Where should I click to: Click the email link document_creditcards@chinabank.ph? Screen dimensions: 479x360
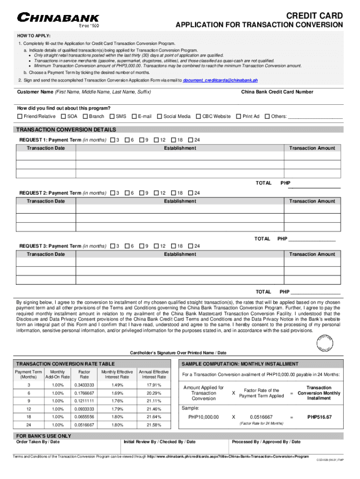(220, 80)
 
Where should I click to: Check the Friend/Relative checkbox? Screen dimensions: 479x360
(20, 116)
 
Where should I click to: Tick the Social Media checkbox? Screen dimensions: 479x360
(159, 116)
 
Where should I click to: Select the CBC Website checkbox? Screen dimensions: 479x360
(198, 116)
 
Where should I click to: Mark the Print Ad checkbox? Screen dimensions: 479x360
(238, 116)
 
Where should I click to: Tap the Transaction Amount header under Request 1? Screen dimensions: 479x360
(312, 148)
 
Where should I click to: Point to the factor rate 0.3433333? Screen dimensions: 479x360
(84, 385)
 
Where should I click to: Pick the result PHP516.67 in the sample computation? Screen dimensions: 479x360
(319, 417)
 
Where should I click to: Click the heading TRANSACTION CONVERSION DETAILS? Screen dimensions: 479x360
(66, 130)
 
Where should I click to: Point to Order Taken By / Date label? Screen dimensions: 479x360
(38, 442)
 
